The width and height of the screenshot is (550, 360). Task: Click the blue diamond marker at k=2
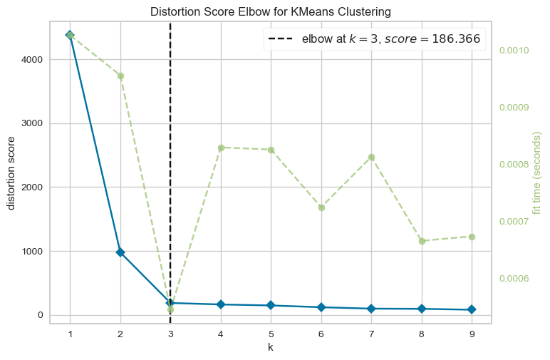click(x=120, y=252)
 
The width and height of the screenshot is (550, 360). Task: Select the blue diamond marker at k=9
click(x=472, y=310)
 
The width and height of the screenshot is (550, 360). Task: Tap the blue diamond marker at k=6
click(x=321, y=307)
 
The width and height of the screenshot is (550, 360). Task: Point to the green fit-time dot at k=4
click(x=221, y=148)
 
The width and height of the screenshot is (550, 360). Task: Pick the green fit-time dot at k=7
click(x=371, y=157)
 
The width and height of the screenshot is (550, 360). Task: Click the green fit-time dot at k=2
click(x=120, y=76)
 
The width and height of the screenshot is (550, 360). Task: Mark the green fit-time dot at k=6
click(x=321, y=207)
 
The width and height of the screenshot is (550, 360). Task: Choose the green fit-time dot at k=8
click(x=422, y=241)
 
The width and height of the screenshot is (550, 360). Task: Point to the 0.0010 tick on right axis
click(x=513, y=51)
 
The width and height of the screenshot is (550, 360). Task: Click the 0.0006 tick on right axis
click(x=513, y=278)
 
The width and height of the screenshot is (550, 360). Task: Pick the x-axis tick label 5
click(x=271, y=334)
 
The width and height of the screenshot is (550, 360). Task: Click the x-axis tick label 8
click(x=422, y=334)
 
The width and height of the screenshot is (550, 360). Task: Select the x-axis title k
click(x=271, y=348)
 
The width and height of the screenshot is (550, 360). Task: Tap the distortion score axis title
click(x=11, y=173)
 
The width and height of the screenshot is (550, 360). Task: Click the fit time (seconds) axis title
click(x=538, y=173)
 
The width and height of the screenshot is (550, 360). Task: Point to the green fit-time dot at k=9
click(x=472, y=237)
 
